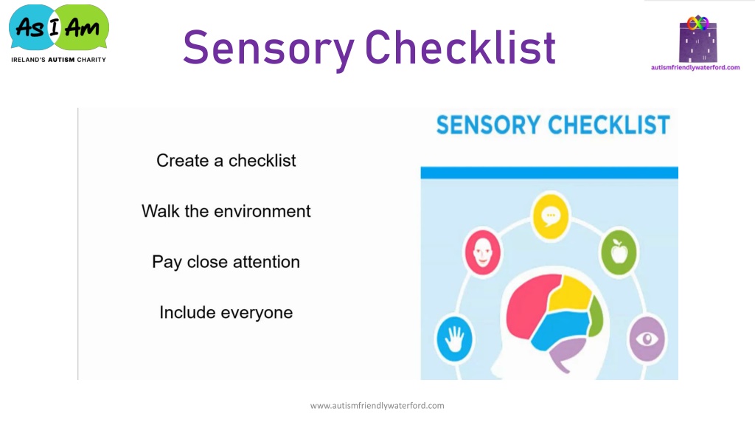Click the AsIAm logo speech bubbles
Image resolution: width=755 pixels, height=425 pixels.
click(x=59, y=27)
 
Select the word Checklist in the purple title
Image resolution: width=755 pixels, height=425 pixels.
click(x=461, y=47)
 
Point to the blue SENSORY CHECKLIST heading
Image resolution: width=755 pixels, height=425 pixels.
click(x=553, y=125)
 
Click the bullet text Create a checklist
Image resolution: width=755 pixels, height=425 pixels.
click(x=226, y=160)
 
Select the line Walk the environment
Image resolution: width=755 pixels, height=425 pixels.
click(x=226, y=211)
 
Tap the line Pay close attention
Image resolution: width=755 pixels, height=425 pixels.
click(x=226, y=262)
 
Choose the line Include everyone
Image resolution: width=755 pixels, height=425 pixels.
click(x=226, y=313)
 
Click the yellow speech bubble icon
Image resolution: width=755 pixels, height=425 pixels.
click(x=551, y=216)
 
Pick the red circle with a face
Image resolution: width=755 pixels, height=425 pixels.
click(x=482, y=252)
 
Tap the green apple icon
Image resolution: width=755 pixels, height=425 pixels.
click(x=619, y=252)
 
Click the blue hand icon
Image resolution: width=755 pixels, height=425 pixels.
click(x=454, y=339)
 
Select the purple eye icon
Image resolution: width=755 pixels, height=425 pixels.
click(x=647, y=339)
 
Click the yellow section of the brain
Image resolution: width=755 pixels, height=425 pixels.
click(x=571, y=292)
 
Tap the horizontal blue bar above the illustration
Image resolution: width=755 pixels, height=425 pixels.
click(x=549, y=173)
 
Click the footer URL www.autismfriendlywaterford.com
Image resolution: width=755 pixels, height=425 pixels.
click(x=377, y=406)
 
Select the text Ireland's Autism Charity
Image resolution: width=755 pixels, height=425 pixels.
click(x=59, y=60)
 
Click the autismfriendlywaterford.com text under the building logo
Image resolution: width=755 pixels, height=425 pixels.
click(x=695, y=67)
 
